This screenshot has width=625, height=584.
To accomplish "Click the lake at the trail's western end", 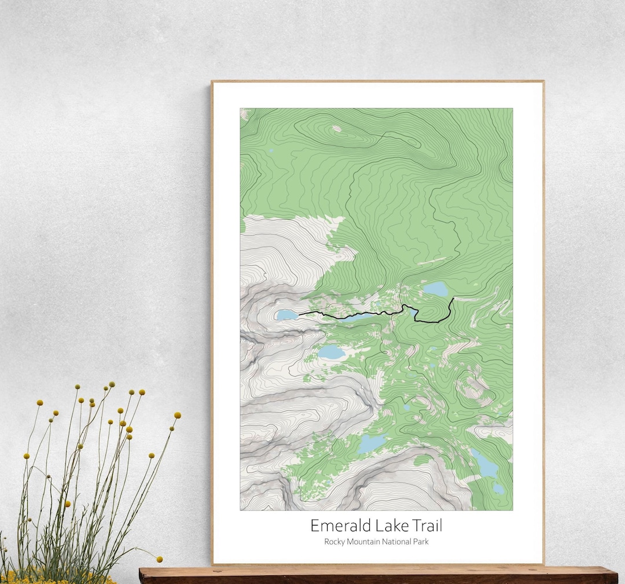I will click(x=286, y=315).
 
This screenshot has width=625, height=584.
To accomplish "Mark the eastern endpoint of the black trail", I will click(x=453, y=299).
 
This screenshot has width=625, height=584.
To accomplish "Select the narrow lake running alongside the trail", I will click(x=359, y=317).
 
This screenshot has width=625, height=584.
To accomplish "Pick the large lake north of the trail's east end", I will click(x=435, y=288).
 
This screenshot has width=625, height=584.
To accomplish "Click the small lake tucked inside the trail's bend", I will click(x=413, y=312).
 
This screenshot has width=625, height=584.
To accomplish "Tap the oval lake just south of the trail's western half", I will click(x=331, y=352).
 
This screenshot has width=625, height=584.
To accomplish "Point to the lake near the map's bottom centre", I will click(x=370, y=443).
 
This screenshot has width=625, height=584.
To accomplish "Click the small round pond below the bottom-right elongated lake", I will click(x=498, y=489).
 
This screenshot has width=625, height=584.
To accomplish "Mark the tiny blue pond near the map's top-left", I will click(x=270, y=151).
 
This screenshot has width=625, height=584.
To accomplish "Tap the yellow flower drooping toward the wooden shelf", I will click(x=159, y=559).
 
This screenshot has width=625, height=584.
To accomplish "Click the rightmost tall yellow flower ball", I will click(x=177, y=415).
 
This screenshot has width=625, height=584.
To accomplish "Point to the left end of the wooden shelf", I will click(x=142, y=575).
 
